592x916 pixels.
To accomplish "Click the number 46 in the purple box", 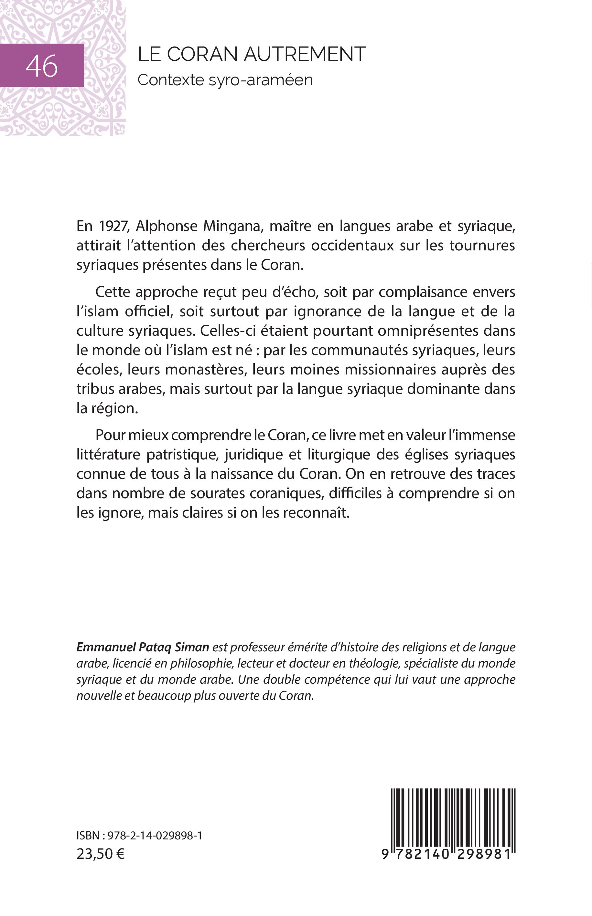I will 41,66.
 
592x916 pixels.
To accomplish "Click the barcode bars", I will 453,816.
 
